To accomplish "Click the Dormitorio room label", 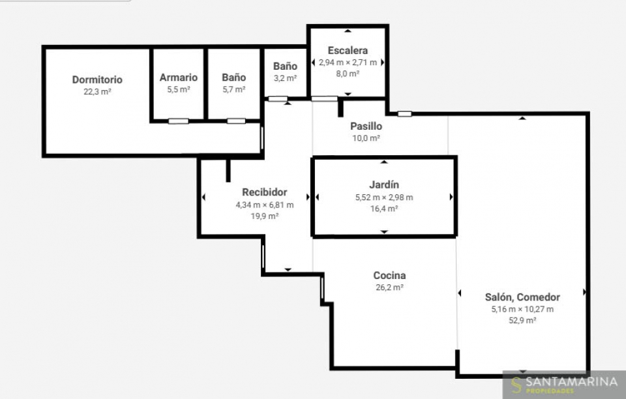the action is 97,80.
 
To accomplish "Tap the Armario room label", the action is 179,78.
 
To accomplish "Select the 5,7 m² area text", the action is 234,89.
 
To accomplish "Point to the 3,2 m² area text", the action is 285,78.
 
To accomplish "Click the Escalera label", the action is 348,51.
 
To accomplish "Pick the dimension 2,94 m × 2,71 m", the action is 348,63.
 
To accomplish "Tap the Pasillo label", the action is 366,126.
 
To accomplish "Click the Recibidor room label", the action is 264,192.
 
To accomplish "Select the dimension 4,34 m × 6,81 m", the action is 264,205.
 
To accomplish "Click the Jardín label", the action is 384,185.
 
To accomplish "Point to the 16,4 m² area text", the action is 384,209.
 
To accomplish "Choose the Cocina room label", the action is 389,275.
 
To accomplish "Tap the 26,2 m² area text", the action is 389,288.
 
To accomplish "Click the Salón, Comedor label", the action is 522,297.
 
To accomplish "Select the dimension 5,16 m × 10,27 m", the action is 522,309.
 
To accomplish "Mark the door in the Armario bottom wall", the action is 178,121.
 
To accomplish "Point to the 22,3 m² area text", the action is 97,92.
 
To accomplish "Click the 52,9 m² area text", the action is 522,320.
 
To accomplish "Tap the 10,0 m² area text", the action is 366,138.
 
